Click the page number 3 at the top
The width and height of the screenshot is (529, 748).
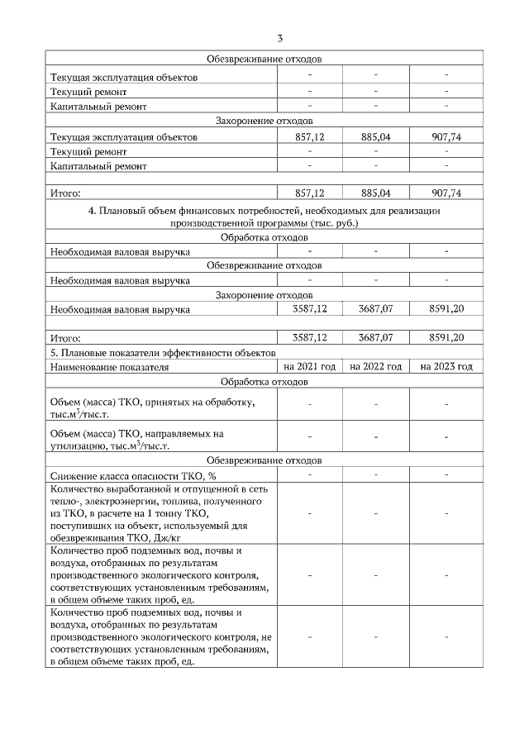pos(280,39)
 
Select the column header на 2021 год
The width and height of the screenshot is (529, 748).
pos(309,366)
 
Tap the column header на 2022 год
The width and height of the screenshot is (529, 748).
pos(375,366)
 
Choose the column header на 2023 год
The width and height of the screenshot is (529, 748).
pos(446,366)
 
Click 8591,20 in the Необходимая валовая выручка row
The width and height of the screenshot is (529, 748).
pos(446,310)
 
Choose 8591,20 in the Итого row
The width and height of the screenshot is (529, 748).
pos(446,338)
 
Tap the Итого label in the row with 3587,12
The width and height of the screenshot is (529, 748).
pos(65,339)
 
